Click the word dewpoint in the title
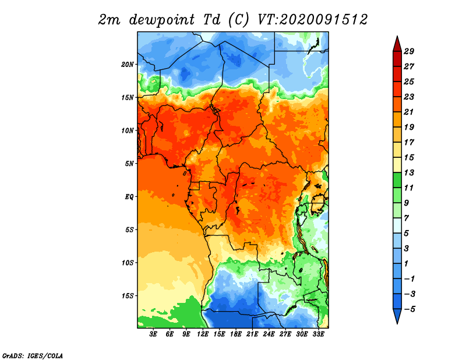point(162,20)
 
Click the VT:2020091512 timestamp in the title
point(313,20)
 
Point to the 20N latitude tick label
point(128,65)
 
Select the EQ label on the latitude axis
point(129,197)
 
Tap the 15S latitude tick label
point(128,296)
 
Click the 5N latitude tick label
point(129,164)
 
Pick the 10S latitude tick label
point(128,263)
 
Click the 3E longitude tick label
point(153,334)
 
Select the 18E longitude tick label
point(236,334)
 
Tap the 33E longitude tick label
point(318,334)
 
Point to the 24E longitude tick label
point(269,334)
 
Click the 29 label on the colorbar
point(409,51)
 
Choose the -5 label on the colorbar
point(409,309)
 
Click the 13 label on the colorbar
point(409,172)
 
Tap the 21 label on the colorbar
point(409,112)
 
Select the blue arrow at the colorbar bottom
point(397,316)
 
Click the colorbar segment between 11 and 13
point(397,180)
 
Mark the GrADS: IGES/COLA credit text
point(33,356)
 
